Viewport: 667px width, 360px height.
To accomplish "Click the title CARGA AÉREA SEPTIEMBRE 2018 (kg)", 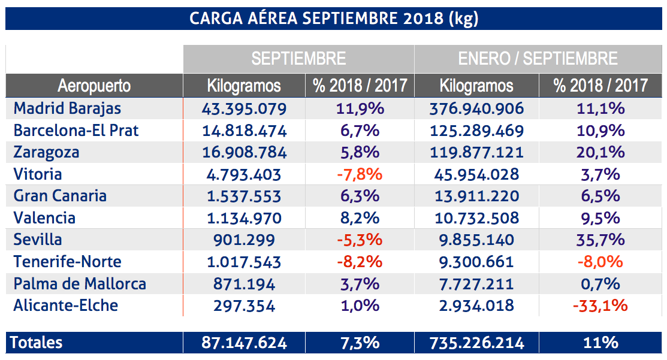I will [x=333, y=18].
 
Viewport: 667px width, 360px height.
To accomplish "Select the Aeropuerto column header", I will [x=94, y=86].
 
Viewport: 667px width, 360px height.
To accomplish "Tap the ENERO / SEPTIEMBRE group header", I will [x=538, y=59].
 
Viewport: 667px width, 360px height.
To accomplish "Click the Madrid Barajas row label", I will [x=67, y=108].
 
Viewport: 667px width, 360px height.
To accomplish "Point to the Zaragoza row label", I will [x=46, y=152].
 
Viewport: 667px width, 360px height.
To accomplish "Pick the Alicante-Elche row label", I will [x=66, y=305].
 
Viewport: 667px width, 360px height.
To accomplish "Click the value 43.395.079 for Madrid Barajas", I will [x=244, y=108].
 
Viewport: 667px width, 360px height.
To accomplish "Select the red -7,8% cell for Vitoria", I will [x=358, y=174].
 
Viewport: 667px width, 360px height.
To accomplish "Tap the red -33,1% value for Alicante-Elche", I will [x=600, y=305].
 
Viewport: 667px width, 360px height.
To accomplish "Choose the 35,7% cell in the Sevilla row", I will [x=600, y=240].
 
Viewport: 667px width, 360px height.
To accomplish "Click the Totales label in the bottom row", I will [x=37, y=343].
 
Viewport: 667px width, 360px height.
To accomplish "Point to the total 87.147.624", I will [x=244, y=343].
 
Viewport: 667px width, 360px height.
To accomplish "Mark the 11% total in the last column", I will [x=600, y=343].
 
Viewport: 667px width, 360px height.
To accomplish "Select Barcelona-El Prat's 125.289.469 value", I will [x=476, y=131].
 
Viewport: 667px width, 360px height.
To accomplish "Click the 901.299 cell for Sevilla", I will [x=244, y=240].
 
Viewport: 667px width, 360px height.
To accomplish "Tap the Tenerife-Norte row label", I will [x=67, y=262].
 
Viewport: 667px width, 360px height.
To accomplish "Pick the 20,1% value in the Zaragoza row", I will [x=600, y=152].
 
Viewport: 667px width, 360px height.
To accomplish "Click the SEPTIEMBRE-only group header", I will [x=298, y=59].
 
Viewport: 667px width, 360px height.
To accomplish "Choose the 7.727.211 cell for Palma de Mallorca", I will [x=476, y=283].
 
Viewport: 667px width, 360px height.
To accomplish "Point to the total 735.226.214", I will [x=476, y=343].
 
